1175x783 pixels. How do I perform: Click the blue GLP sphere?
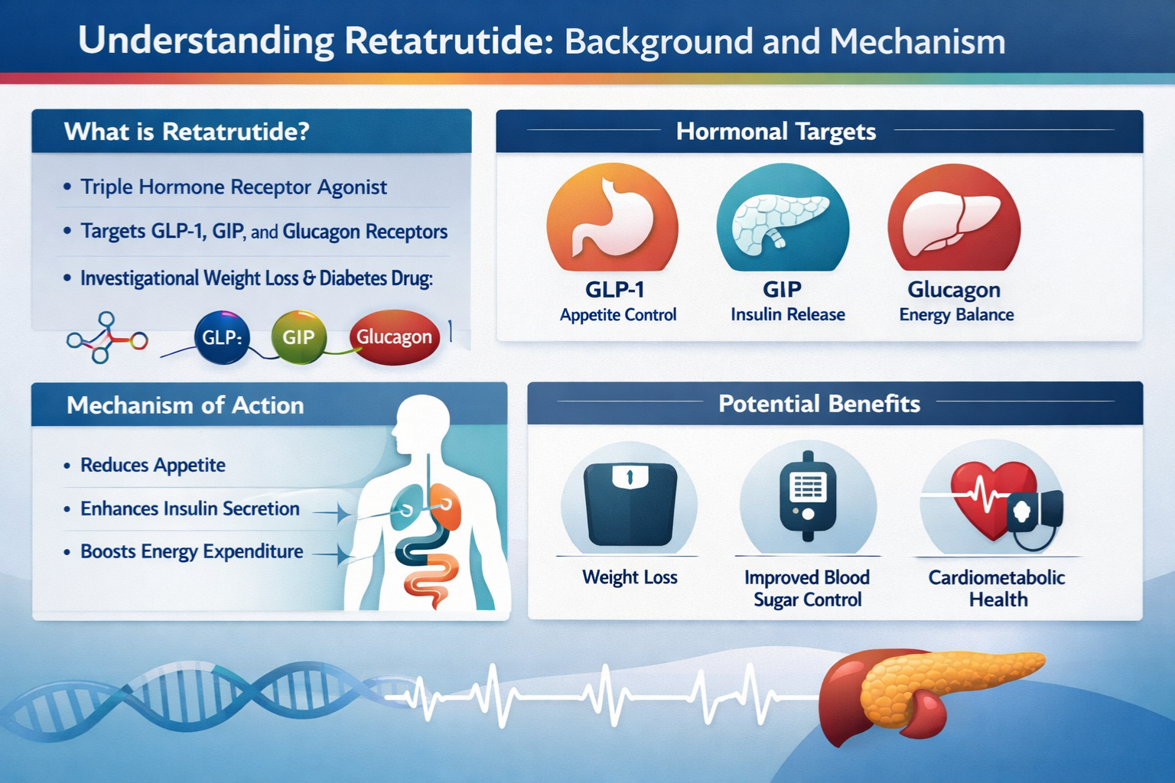(x=221, y=337)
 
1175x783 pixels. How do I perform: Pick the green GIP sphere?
(x=298, y=336)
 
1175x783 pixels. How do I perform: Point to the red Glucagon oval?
(x=395, y=336)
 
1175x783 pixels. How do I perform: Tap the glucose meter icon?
(x=807, y=495)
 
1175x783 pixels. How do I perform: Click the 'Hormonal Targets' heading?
(x=776, y=131)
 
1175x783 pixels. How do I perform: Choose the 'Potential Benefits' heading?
(x=819, y=404)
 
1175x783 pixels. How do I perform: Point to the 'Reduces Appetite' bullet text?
(x=153, y=465)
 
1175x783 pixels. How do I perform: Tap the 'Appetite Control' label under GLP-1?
(x=618, y=315)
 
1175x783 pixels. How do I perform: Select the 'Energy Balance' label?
(x=956, y=315)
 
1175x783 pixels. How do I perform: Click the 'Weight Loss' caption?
(x=630, y=577)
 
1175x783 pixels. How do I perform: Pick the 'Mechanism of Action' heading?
(x=185, y=405)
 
